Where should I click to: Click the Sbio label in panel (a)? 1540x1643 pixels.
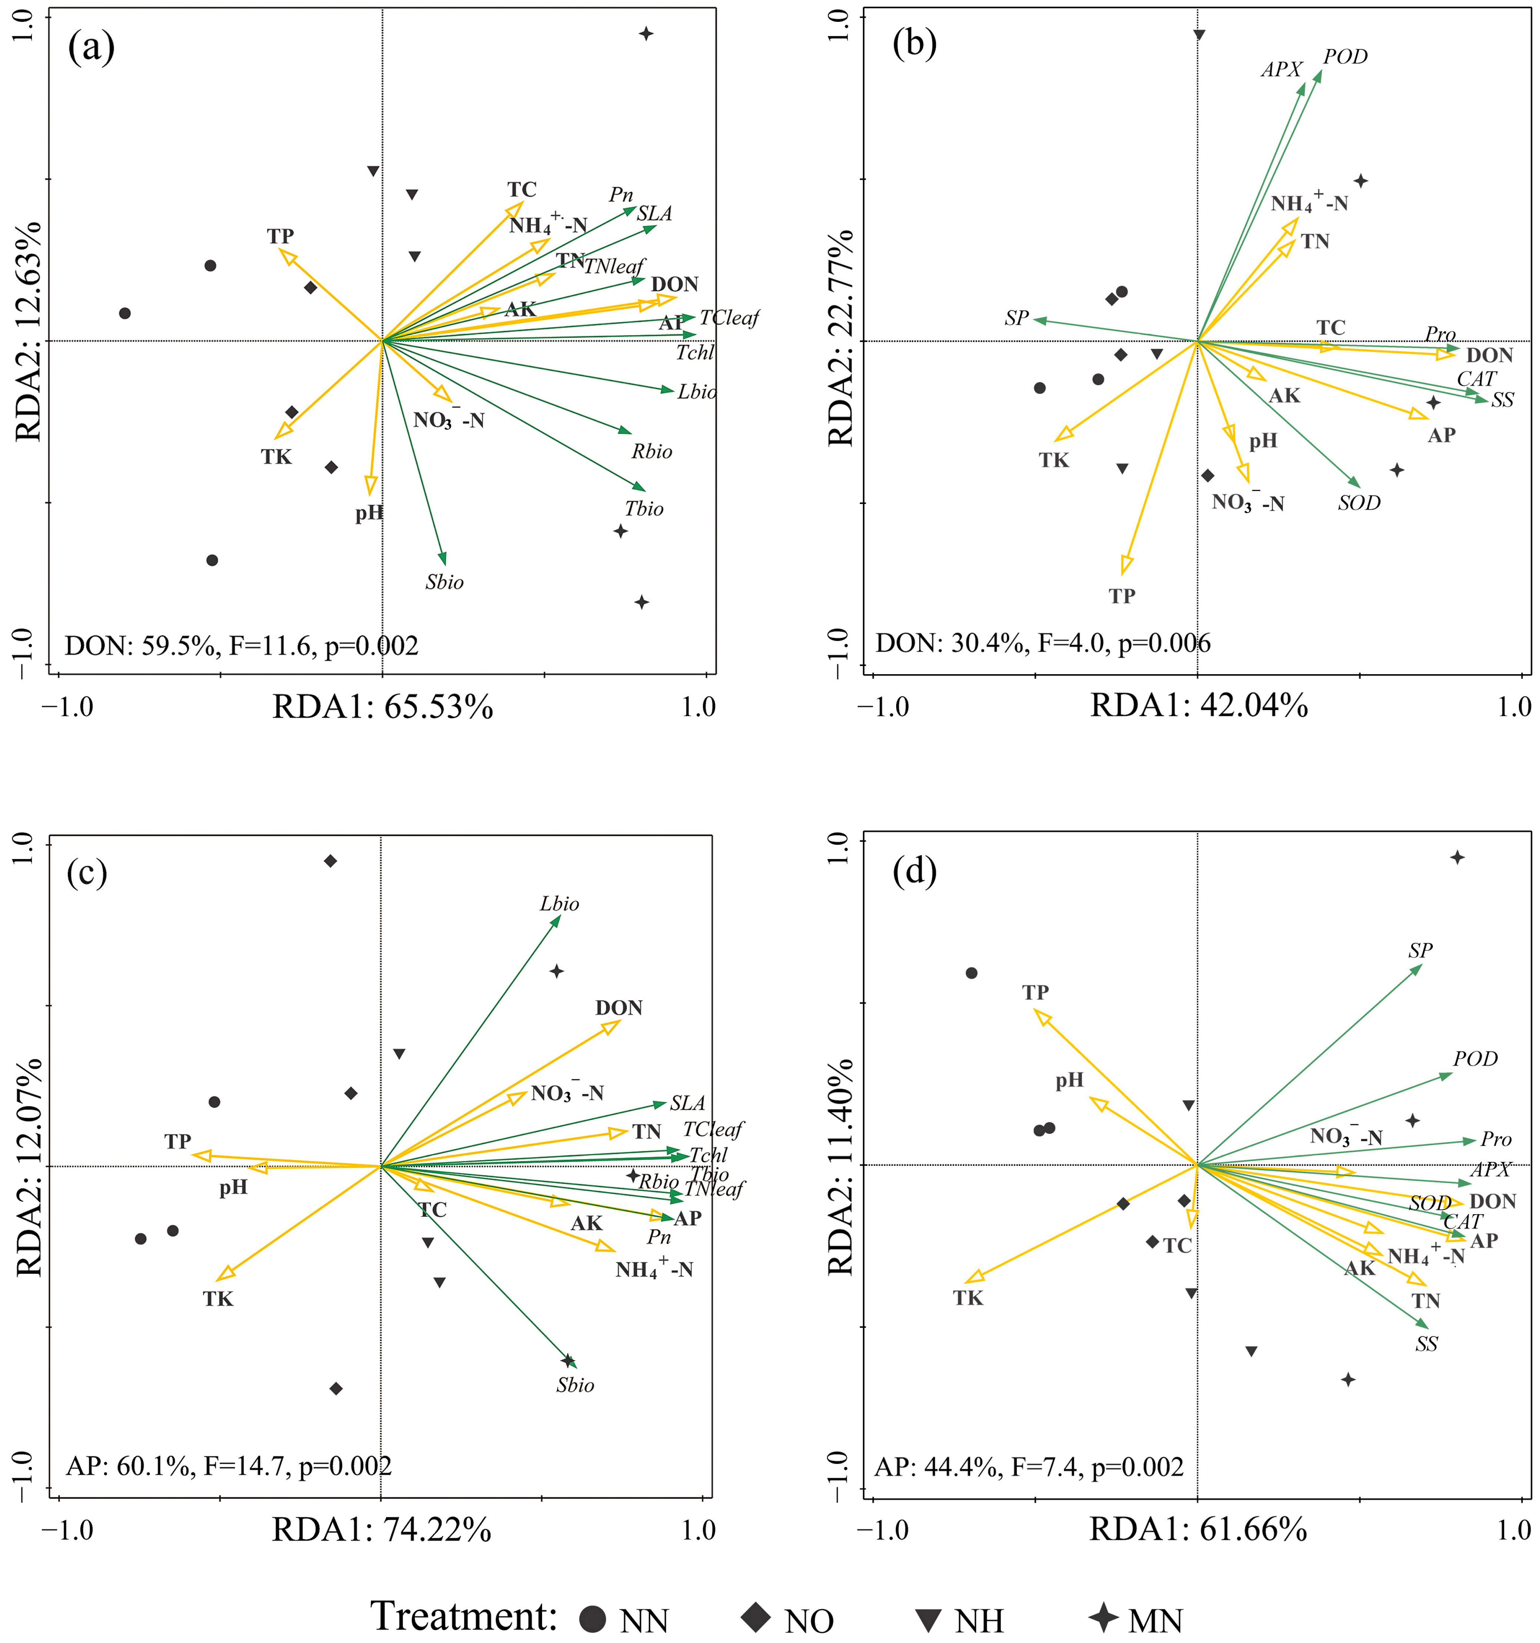[445, 583]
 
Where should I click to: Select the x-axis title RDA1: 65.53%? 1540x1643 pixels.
[383, 708]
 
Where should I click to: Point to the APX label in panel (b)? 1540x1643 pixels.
[1281, 70]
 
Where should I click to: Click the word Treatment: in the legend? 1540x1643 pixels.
[464, 1616]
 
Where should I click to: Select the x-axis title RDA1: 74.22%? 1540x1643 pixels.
[382, 1530]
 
